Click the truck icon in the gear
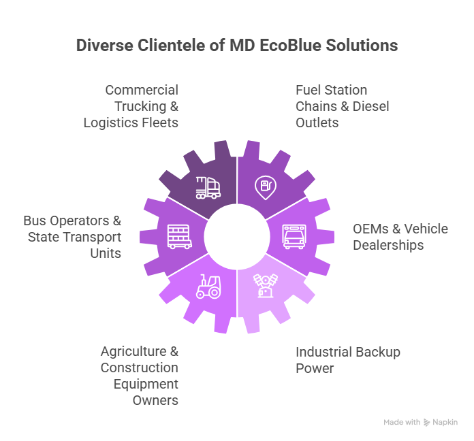(x=208, y=187)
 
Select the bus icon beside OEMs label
(x=294, y=235)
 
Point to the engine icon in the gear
(x=265, y=284)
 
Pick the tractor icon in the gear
(x=208, y=287)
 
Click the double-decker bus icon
(x=179, y=236)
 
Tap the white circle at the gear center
(x=236, y=236)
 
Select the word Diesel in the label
(x=370, y=106)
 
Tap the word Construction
(x=140, y=368)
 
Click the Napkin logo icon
(x=427, y=423)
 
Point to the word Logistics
(x=112, y=122)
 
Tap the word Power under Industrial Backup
(x=314, y=368)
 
